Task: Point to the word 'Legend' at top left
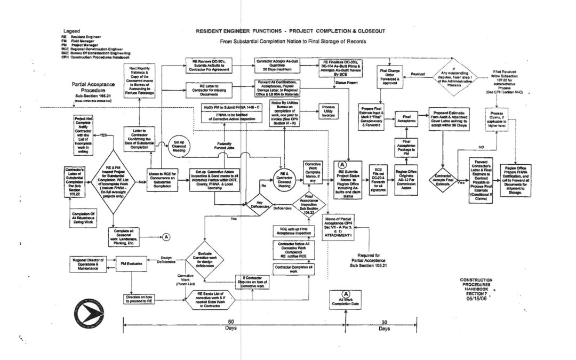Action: click(71, 31)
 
